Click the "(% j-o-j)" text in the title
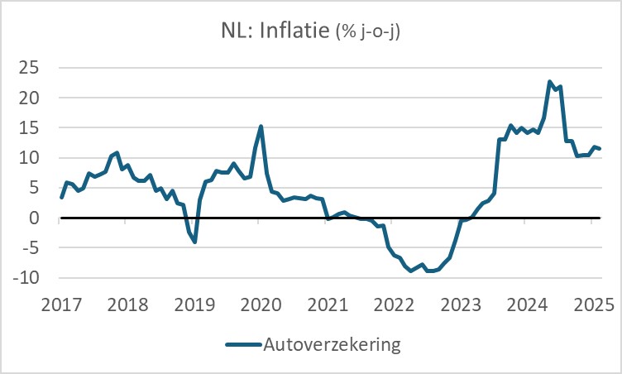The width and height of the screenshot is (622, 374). pos(369,33)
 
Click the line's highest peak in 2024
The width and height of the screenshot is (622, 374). pos(549,82)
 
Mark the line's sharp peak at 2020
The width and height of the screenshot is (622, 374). pos(261,127)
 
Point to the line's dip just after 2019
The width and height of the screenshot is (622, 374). pos(194,242)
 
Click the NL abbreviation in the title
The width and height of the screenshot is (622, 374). pos(235,32)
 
